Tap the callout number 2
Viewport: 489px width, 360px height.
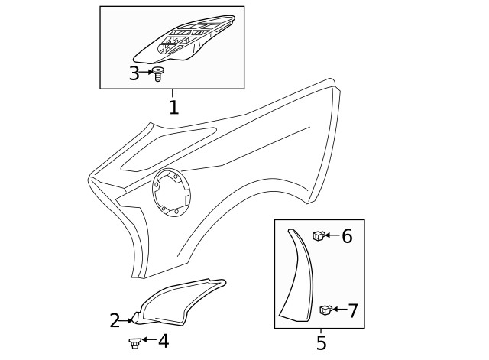[115, 321]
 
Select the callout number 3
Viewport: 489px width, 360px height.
[134, 73]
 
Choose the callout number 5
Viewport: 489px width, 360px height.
[321, 343]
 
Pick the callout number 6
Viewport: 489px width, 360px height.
[347, 236]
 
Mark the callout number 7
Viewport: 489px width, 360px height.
[352, 311]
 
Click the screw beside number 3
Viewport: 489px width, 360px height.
[159, 74]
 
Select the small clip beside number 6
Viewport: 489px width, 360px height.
[318, 235]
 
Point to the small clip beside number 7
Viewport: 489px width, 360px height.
[324, 310]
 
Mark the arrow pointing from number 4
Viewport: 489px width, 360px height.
[149, 339]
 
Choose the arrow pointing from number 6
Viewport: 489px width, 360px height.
[332, 236]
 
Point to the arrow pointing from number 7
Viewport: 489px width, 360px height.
[338, 310]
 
